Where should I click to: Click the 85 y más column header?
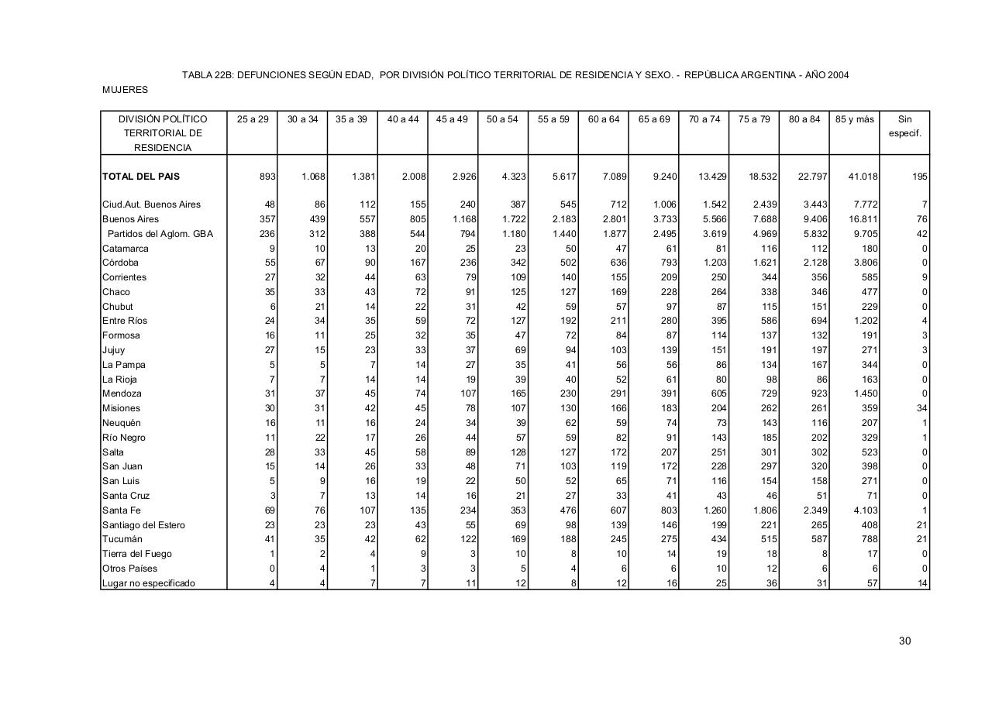tap(854, 119)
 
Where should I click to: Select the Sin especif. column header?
tap(904, 126)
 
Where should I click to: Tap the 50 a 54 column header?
tap(502, 119)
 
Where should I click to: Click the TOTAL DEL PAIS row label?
tap(141, 177)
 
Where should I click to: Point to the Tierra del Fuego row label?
tap(137, 554)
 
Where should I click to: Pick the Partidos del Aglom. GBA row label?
tap(160, 234)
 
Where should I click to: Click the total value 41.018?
tap(863, 177)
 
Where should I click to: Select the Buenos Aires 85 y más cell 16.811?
tap(863, 219)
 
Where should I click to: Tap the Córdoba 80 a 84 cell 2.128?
tap(813, 263)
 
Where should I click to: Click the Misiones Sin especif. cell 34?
tap(921, 408)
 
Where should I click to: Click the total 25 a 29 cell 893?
tap(267, 177)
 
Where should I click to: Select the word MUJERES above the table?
tap(125, 90)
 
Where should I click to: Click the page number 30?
tap(904, 641)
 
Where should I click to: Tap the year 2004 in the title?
tap(837, 75)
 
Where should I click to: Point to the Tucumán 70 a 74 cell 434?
tap(717, 539)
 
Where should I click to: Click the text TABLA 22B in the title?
tap(207, 75)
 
